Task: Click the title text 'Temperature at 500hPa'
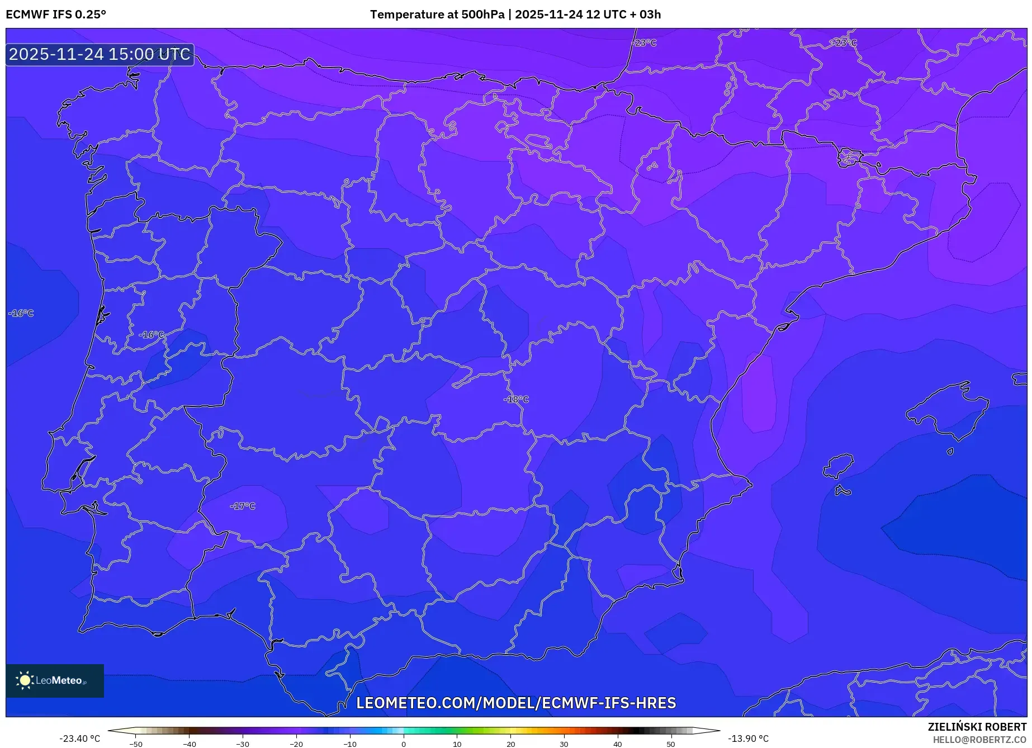coord(437,15)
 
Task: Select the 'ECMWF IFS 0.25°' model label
coord(56,15)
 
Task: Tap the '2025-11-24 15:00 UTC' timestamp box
coord(100,55)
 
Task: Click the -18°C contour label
coord(516,400)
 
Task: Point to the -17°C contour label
coord(243,506)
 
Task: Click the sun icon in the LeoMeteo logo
coord(25,680)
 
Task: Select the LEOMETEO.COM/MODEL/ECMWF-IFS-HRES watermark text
coord(516,703)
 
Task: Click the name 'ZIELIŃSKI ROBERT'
coord(977,727)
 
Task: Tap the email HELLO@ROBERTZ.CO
coord(979,740)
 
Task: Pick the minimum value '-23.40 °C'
coord(79,739)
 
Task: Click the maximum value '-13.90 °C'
coord(748,739)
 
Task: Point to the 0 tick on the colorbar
coord(404,744)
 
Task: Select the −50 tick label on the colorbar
coord(136,744)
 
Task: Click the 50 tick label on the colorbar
coord(671,744)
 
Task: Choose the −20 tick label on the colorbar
coord(296,744)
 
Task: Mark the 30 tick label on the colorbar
coord(564,744)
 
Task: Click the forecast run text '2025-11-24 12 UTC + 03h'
coord(588,15)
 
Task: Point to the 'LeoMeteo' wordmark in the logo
coord(59,681)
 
